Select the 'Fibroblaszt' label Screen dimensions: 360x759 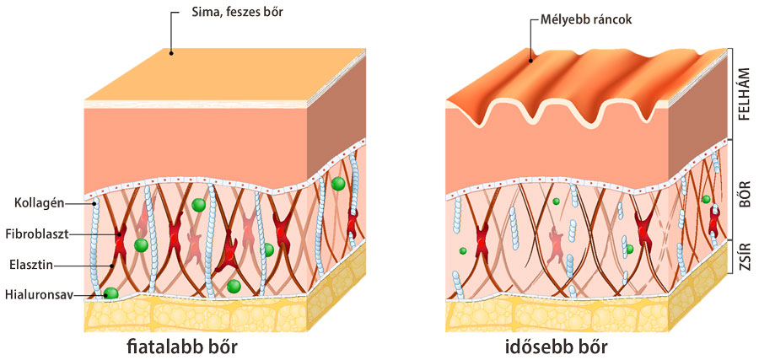click(x=46, y=234)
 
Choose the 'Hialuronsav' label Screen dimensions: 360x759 click(x=37, y=293)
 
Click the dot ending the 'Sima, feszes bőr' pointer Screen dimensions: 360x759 click(x=170, y=53)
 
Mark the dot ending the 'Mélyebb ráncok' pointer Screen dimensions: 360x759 click(x=530, y=59)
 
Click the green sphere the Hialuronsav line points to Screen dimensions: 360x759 click(x=110, y=293)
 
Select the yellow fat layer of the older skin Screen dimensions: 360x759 click(x=557, y=315)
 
